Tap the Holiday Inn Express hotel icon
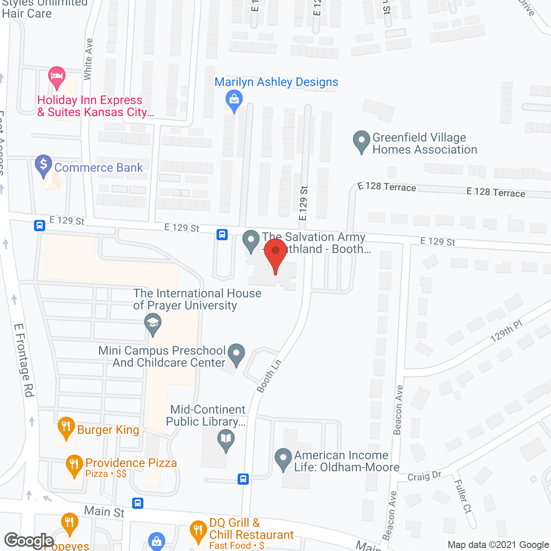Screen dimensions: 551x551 tap(56, 77)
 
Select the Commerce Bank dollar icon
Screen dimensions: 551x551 tap(43, 165)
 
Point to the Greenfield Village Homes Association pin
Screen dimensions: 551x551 tap(361, 141)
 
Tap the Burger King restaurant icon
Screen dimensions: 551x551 tap(66, 427)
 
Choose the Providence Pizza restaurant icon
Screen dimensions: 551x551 tap(74, 465)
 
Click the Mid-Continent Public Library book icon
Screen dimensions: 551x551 tap(226, 440)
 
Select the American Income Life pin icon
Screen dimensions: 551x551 tap(283, 459)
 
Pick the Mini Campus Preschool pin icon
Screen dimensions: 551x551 tap(236, 354)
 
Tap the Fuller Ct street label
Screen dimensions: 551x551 tap(463, 496)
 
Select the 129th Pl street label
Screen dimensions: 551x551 tap(506, 331)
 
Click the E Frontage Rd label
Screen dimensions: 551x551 tap(24, 360)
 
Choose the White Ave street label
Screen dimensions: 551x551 tap(88, 59)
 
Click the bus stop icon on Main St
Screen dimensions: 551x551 tap(138, 503)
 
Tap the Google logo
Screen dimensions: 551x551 tap(29, 541)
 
